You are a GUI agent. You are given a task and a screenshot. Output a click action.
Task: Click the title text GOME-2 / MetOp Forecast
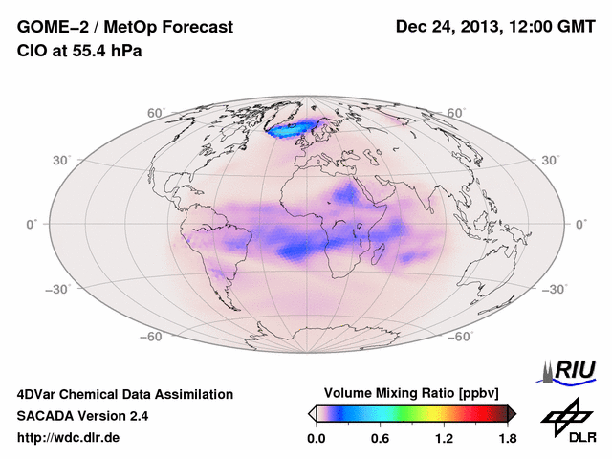tap(124, 28)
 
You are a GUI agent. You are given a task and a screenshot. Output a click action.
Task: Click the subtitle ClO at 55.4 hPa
tap(79, 51)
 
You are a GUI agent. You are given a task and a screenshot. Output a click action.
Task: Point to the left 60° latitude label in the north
tap(156, 113)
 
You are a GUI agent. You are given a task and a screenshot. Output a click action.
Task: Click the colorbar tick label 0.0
tap(317, 438)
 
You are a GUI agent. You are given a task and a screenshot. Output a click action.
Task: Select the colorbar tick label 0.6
tap(381, 438)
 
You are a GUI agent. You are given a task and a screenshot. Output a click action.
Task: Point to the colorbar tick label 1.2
tap(444, 438)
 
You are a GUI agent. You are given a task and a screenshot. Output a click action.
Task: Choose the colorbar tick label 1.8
tap(507, 438)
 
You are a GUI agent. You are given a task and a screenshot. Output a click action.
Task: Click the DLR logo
tap(569, 421)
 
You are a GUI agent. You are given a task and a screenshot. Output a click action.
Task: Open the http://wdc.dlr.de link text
tap(69, 438)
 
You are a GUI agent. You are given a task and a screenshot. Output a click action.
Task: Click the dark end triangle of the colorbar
tap(512, 413)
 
